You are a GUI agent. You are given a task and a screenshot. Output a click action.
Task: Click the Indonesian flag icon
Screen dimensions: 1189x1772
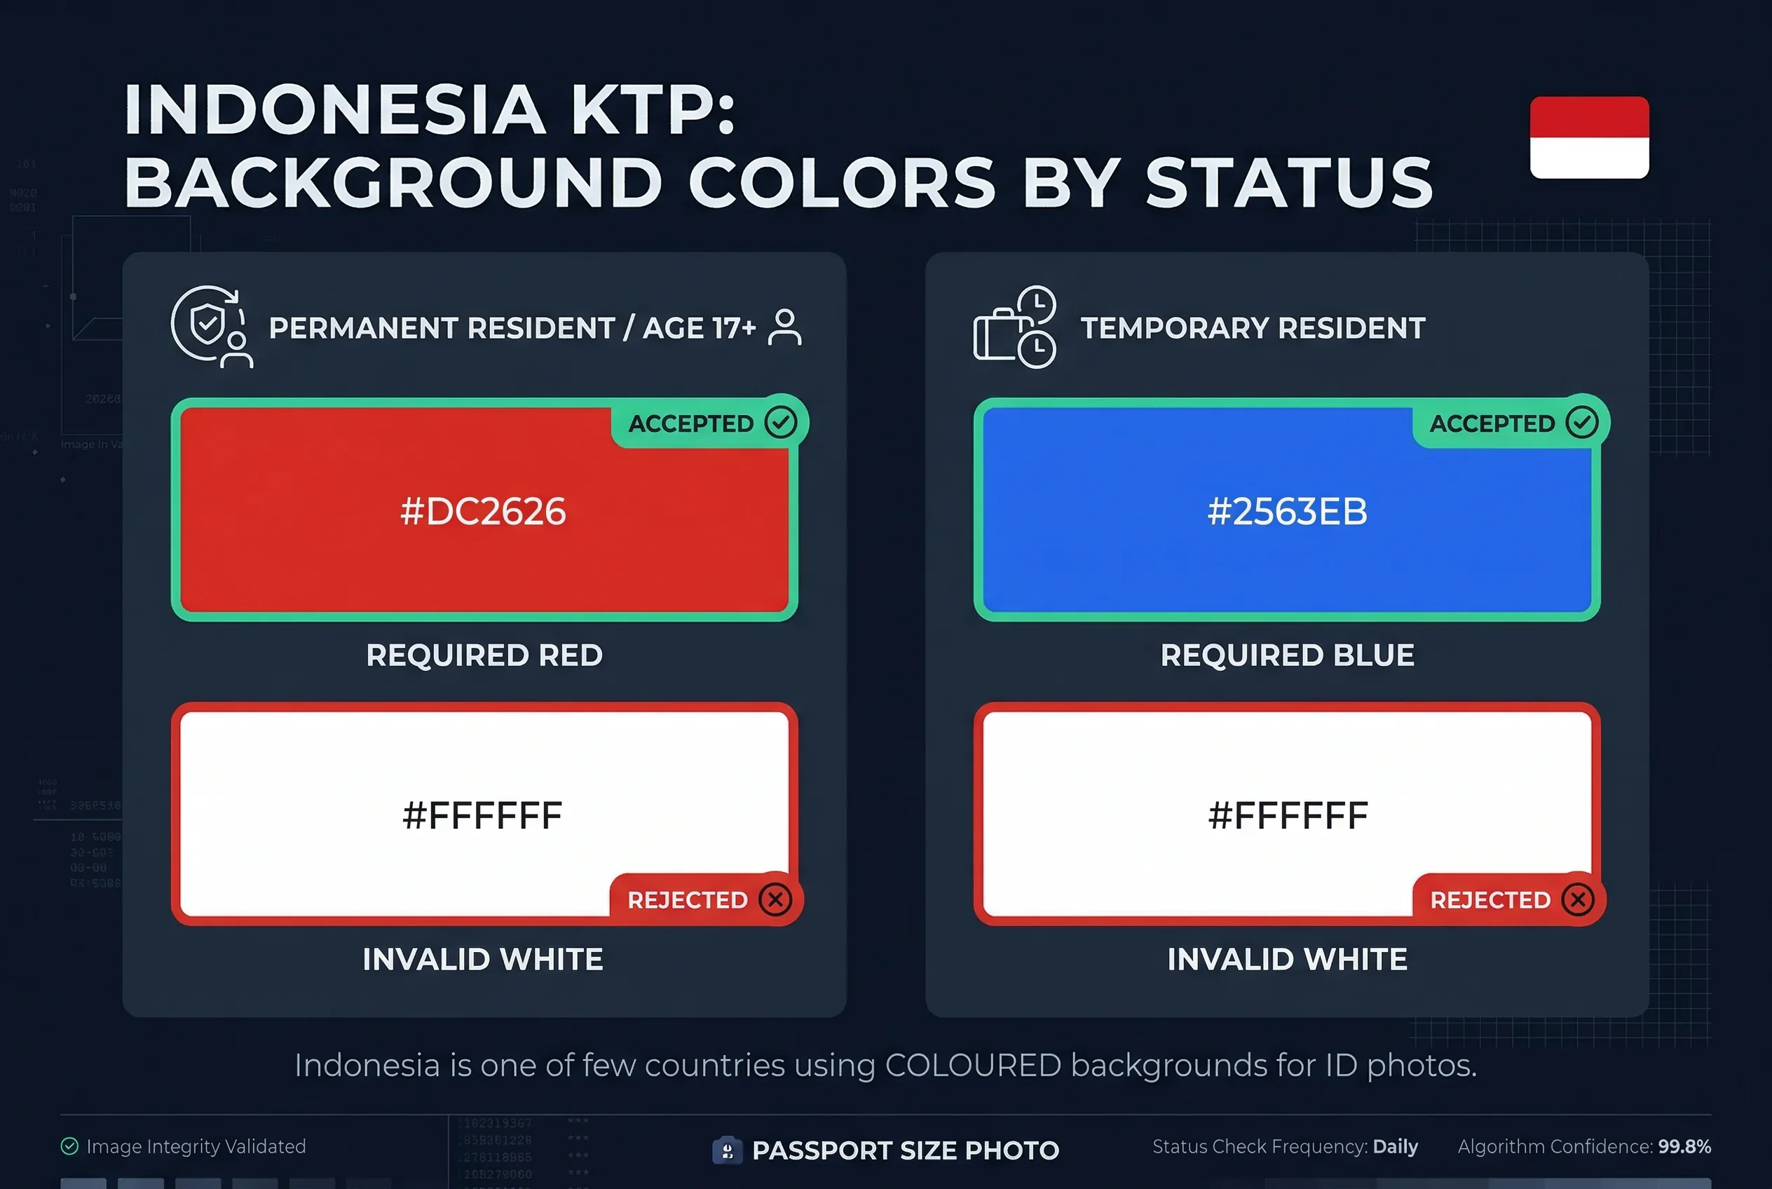tap(1588, 137)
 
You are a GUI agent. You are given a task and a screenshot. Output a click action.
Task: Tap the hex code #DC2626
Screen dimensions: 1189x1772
tap(483, 511)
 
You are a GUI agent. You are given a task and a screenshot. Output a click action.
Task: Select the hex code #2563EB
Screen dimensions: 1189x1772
tap(1287, 511)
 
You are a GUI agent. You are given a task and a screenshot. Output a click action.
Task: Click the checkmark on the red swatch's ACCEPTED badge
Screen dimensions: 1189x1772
tap(780, 421)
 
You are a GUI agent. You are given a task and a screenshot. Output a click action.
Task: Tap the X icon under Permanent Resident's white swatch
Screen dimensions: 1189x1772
tap(775, 899)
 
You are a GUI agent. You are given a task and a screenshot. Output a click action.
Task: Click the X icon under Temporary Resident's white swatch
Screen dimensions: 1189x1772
tap(1578, 899)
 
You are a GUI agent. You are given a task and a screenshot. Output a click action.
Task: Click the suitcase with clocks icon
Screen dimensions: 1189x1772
tap(1014, 327)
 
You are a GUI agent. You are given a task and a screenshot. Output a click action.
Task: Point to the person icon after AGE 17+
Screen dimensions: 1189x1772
tap(784, 327)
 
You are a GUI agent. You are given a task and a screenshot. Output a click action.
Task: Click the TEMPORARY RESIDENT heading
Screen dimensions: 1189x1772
tap(1253, 328)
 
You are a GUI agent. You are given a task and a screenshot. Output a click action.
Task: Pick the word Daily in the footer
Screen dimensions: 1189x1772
tap(1395, 1146)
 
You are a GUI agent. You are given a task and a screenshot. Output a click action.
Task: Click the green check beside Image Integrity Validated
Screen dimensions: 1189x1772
tap(70, 1146)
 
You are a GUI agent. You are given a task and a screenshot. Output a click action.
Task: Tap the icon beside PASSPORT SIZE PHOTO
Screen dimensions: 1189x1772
tap(726, 1150)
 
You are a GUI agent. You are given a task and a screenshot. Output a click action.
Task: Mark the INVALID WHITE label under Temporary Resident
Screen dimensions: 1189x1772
tap(1287, 959)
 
